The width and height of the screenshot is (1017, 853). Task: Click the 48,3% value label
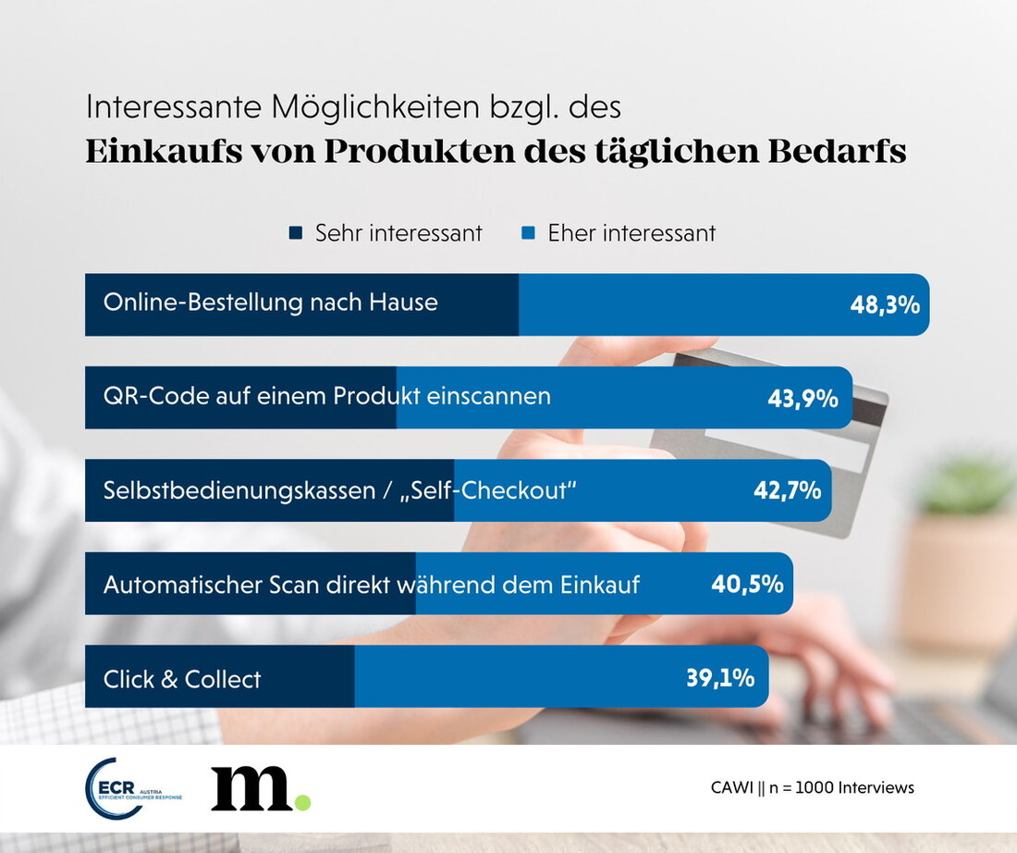pyautogui.click(x=885, y=305)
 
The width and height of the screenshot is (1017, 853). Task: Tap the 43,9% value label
pyautogui.click(x=803, y=399)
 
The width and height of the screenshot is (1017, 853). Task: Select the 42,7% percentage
pyautogui.click(x=787, y=491)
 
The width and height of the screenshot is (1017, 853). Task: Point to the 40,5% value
pyautogui.click(x=747, y=585)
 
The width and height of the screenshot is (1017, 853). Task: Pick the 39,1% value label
pyautogui.click(x=720, y=677)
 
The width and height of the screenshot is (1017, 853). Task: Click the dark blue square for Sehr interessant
pyautogui.click(x=296, y=234)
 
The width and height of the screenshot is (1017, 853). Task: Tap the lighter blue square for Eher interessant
pyautogui.click(x=528, y=234)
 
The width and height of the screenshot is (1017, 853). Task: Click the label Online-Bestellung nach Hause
pyautogui.click(x=270, y=303)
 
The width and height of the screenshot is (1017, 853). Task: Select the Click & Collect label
pyautogui.click(x=182, y=679)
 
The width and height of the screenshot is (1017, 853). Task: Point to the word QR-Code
pyautogui.click(x=149, y=396)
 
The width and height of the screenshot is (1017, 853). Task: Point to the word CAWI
pyautogui.click(x=730, y=788)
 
